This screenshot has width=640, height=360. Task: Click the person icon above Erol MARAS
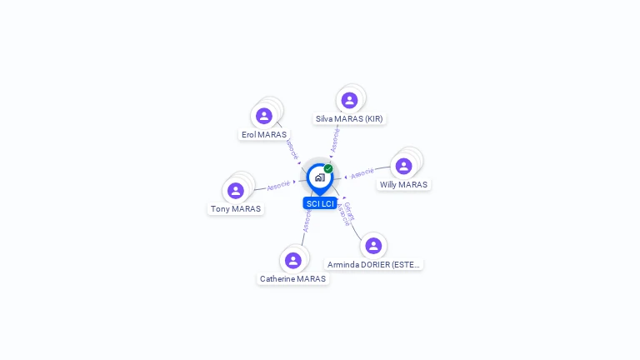coord(264,116)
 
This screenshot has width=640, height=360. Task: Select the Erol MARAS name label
coord(264,134)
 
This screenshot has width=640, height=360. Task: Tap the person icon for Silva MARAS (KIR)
coord(349,100)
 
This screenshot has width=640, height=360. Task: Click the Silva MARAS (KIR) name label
coord(349,119)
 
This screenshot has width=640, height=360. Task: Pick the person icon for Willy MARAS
coord(403,166)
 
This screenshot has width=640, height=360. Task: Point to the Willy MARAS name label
coord(403,185)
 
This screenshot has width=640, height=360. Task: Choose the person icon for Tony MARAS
coord(236,190)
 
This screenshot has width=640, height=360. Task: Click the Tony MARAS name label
coord(236,209)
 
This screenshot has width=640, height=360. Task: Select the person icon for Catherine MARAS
coord(292,260)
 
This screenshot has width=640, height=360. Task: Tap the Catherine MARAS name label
coord(292,279)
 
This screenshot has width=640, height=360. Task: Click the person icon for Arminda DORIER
coord(373,245)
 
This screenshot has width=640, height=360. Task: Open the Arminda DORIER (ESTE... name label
coord(373,264)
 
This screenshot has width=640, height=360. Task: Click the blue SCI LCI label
coord(320,203)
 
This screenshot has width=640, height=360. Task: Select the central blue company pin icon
coord(319,177)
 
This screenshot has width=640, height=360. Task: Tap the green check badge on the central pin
coord(328,168)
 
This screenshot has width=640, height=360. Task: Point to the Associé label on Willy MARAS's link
coord(362,173)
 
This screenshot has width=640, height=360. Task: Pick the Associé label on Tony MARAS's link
coord(278,185)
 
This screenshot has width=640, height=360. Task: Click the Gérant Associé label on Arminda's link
coord(347,214)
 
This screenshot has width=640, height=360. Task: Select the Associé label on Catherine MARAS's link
coord(307,220)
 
